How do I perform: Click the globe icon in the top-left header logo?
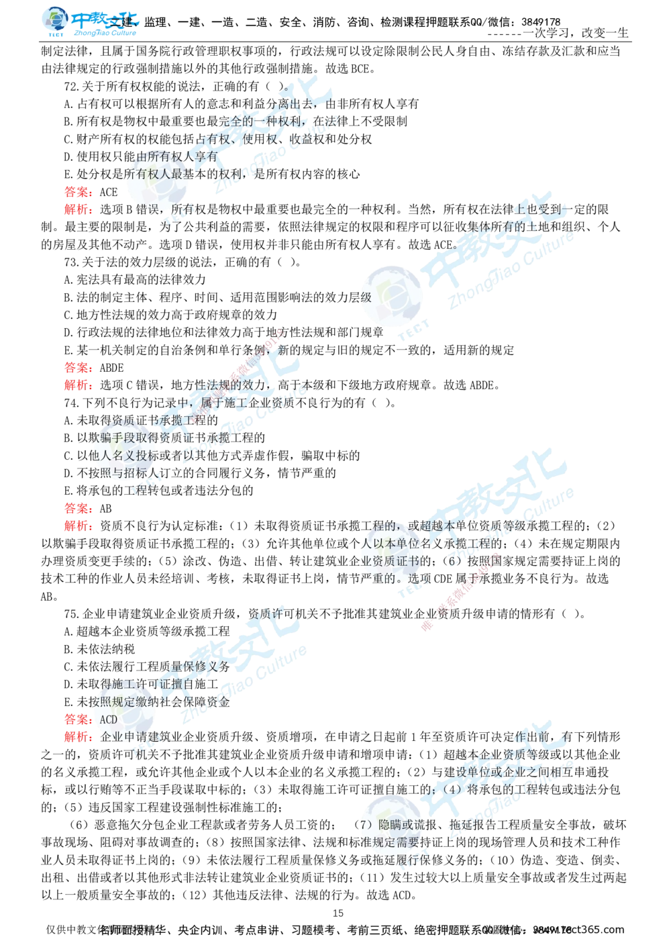click(x=54, y=20)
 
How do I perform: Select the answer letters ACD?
click(x=108, y=719)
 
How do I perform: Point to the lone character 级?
click(x=366, y=297)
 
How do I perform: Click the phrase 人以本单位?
click(x=389, y=543)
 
